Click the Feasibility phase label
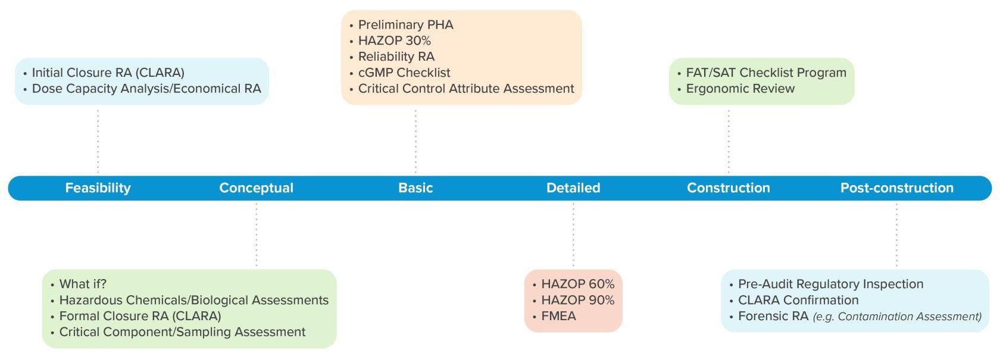[98, 188]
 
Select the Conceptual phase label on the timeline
[256, 188]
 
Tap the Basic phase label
[415, 188]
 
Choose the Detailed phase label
[573, 188]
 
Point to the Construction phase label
[728, 188]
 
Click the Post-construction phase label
[896, 188]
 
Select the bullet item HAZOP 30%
[394, 40]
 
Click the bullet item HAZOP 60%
[577, 284]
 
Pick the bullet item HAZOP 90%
[577, 300]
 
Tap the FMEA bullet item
[558, 317]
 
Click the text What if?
[83, 284]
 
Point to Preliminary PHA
[405, 25]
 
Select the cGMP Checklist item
[404, 73]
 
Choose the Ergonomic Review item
[740, 89]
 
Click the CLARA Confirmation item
[798, 300]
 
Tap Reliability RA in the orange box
[396, 57]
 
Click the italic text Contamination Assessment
[909, 317]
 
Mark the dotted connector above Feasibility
[98, 142]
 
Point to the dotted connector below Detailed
[573, 234]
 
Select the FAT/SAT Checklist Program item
[765, 73]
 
